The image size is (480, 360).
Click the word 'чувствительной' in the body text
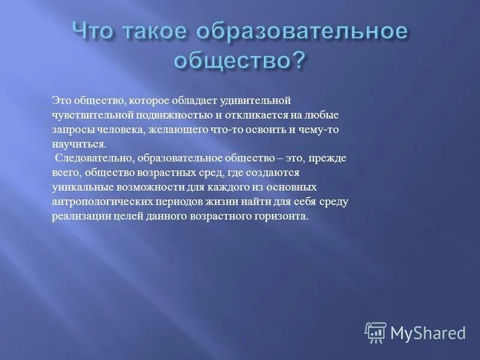(x=89, y=113)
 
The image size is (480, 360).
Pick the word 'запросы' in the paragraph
(x=69, y=128)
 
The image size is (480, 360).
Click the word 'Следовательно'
(x=94, y=158)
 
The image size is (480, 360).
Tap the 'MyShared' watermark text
(x=428, y=332)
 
